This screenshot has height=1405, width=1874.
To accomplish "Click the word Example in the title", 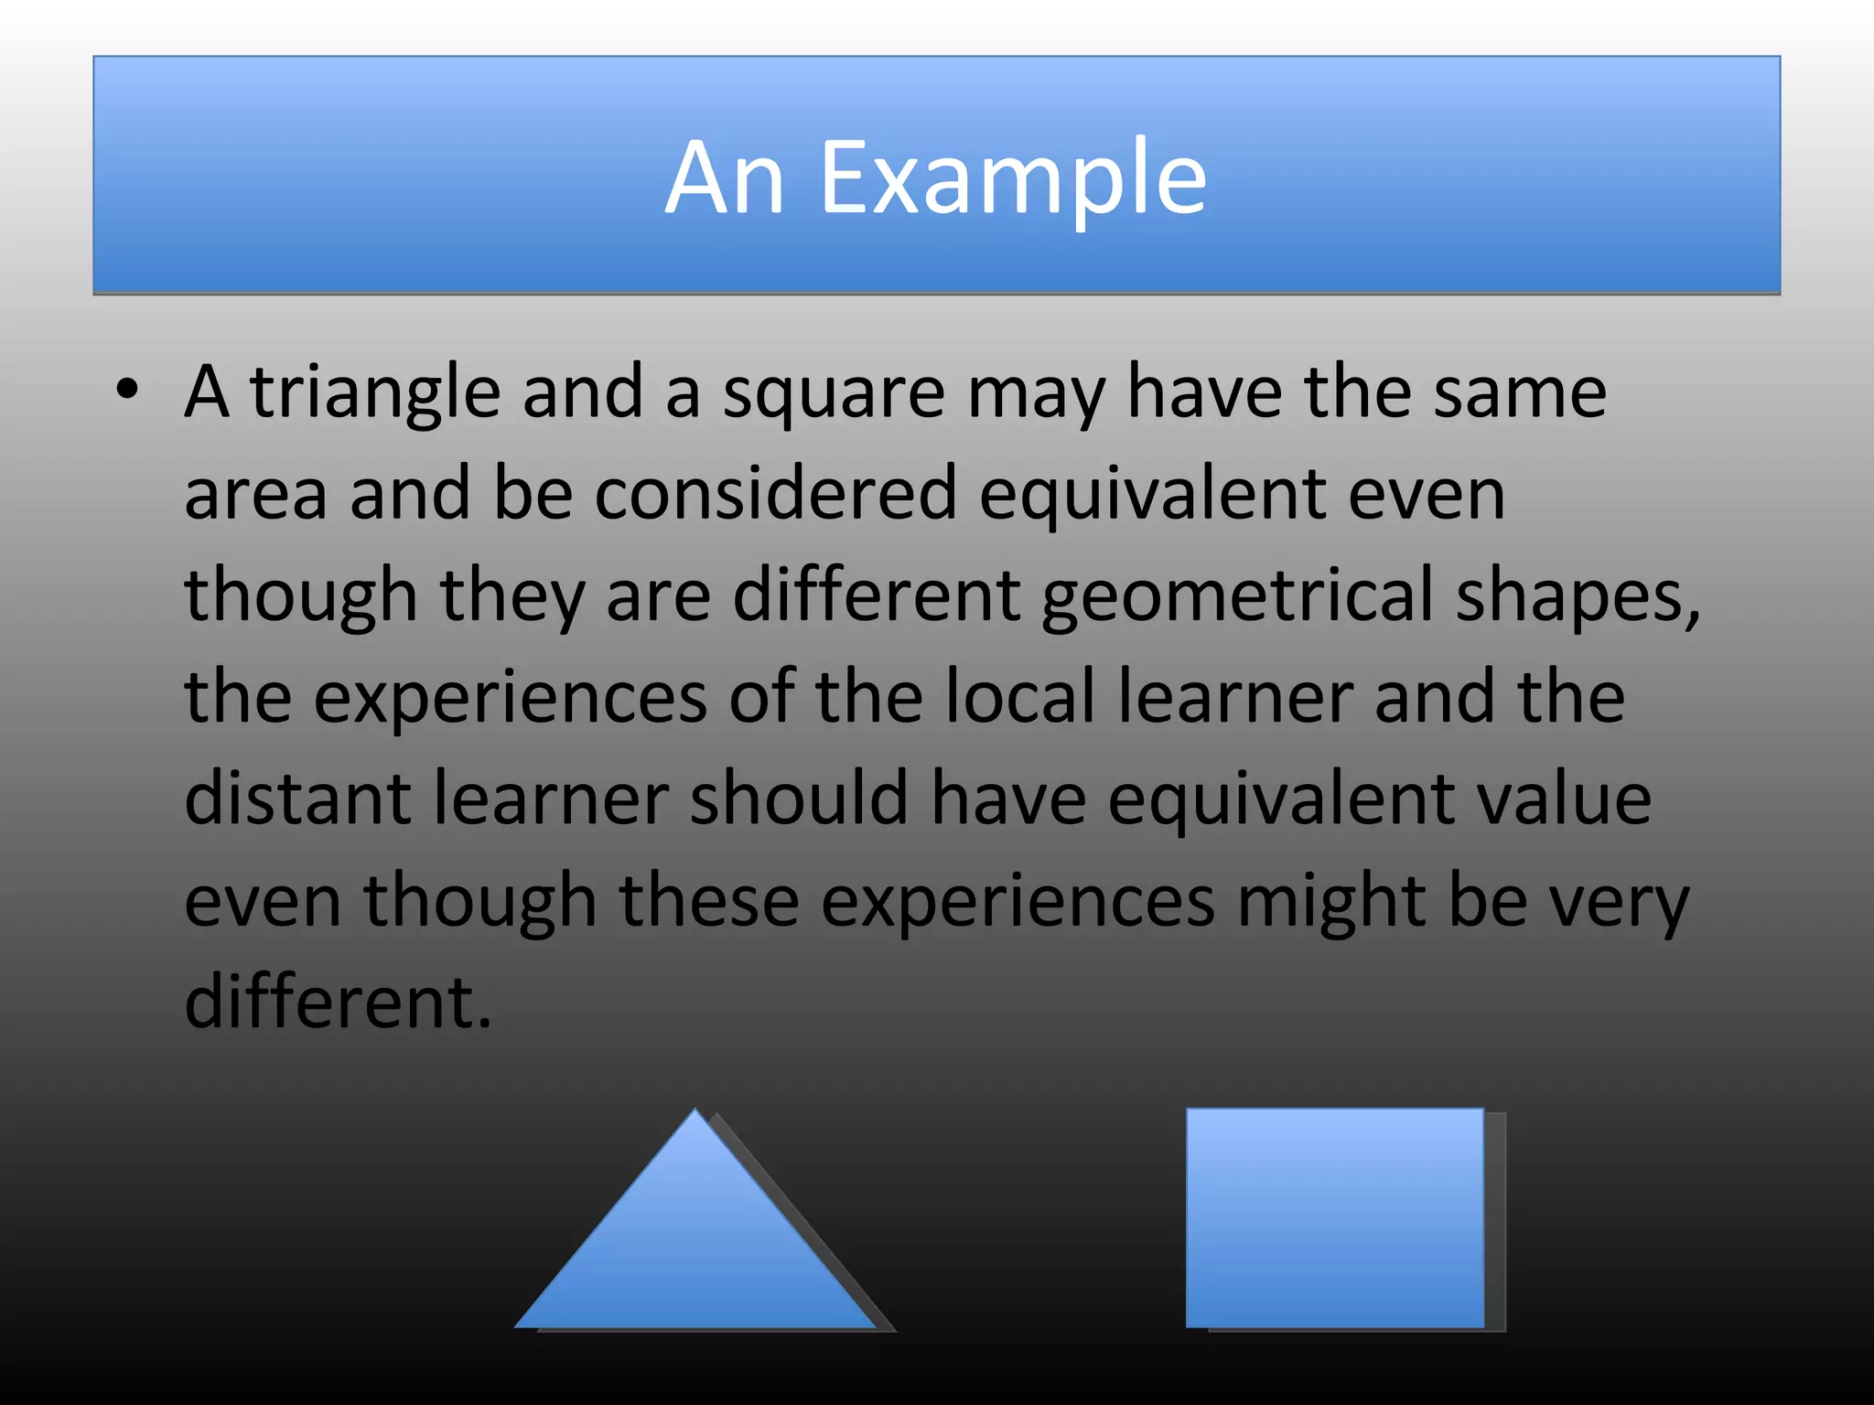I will pos(1013,178).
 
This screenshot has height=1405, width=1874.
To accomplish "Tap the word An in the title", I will pos(725,178).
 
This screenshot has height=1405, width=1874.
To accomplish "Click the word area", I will pos(255,495).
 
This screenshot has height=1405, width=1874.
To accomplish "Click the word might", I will pos(1331,902).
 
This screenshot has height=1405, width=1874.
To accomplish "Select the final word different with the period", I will pos(338,1002).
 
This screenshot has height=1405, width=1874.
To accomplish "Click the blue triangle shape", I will pos(695,1253).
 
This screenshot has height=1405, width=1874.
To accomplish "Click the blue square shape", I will pos(1334,1217).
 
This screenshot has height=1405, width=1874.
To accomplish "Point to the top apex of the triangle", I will pos(695,1112).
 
